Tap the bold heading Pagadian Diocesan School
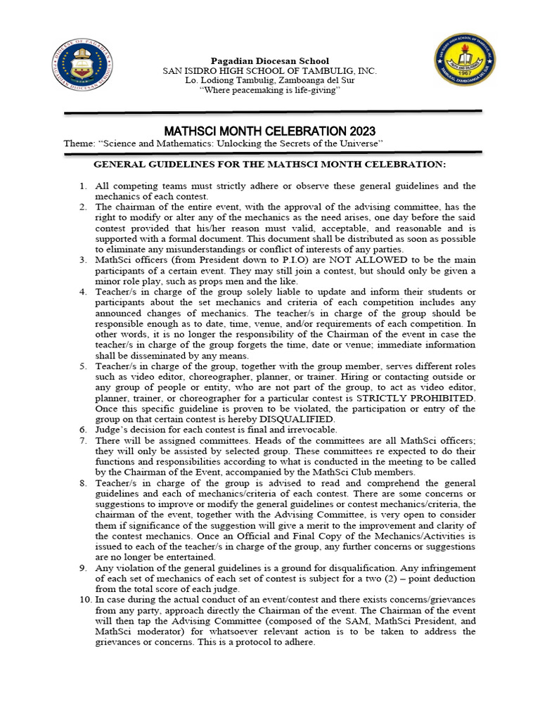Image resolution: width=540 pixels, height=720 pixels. click(x=270, y=61)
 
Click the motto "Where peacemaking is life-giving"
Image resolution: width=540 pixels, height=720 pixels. click(x=270, y=91)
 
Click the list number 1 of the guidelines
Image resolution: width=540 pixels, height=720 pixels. click(x=82, y=186)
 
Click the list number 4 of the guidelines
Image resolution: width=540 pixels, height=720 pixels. click(x=82, y=292)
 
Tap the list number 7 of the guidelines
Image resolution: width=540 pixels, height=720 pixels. click(x=82, y=440)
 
